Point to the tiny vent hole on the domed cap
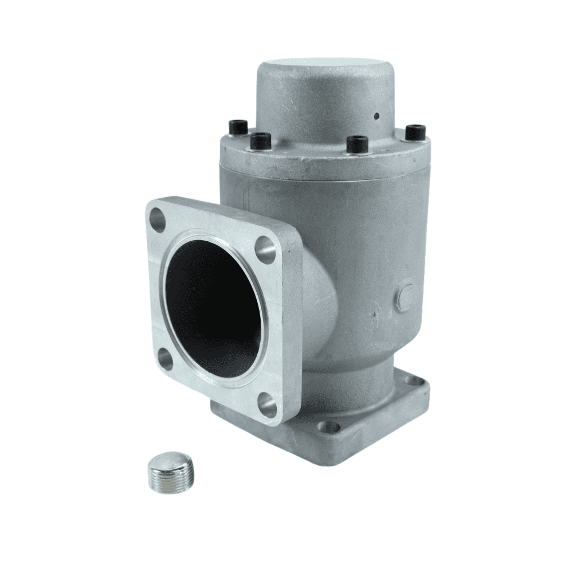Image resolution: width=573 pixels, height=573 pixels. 376,116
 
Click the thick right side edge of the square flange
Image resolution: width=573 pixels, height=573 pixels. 293,321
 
